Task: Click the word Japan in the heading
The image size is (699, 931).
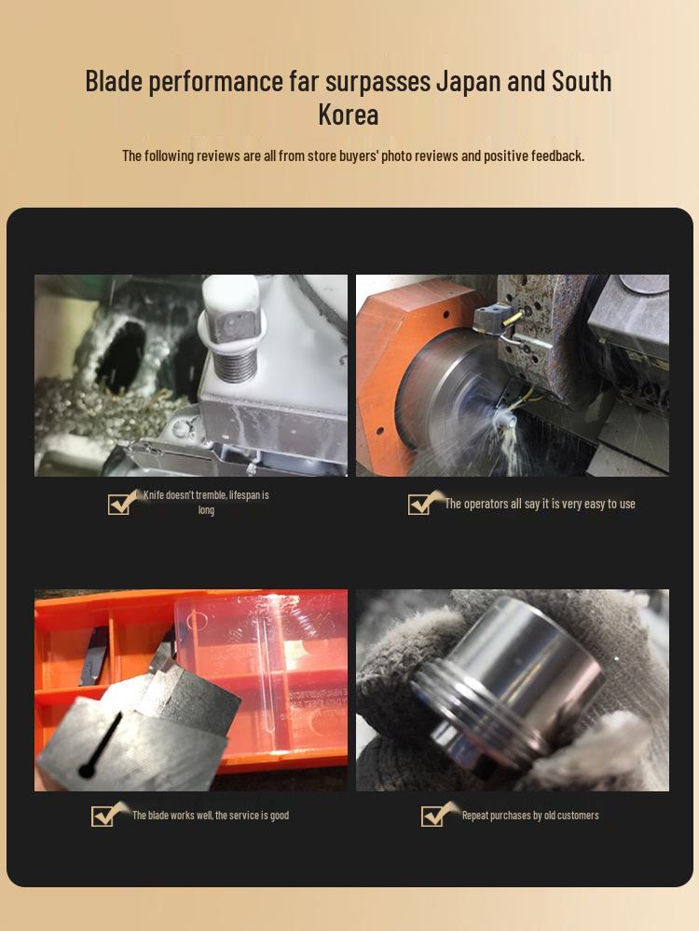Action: pyautogui.click(x=466, y=82)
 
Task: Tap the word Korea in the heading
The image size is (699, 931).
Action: pyautogui.click(x=349, y=115)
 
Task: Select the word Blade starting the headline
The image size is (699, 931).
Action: pyautogui.click(x=114, y=82)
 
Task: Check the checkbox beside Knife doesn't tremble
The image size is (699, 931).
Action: pyautogui.click(x=119, y=504)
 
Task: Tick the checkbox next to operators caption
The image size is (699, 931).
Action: pyautogui.click(x=419, y=504)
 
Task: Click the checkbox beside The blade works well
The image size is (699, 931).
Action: pyautogui.click(x=103, y=816)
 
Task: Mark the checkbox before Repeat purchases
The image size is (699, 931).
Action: pyautogui.click(x=432, y=816)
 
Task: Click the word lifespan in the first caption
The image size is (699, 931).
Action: pyautogui.click(x=248, y=495)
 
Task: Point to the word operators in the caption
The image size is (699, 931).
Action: pyautogui.click(x=487, y=504)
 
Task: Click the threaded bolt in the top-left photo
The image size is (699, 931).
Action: pyautogui.click(x=234, y=354)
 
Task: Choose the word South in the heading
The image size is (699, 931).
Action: pyautogui.click(x=582, y=82)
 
